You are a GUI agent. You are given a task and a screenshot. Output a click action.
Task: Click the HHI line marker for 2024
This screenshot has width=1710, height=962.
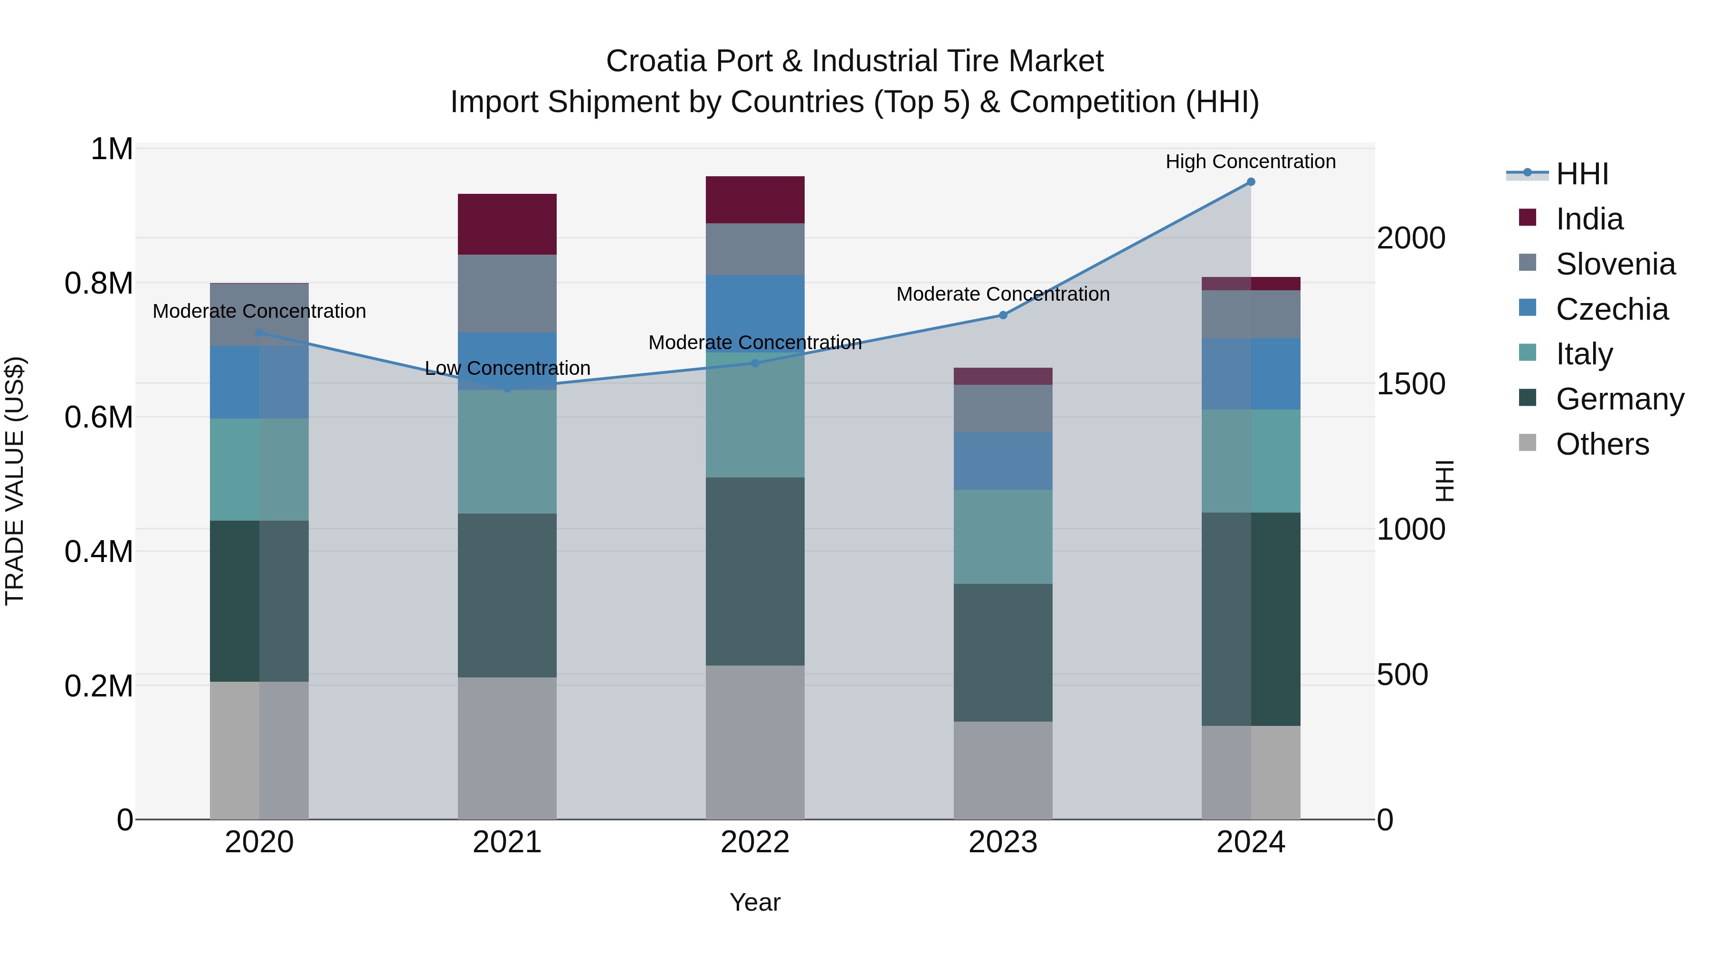(x=1251, y=181)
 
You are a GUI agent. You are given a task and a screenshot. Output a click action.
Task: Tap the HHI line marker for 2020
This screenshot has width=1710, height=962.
(x=259, y=333)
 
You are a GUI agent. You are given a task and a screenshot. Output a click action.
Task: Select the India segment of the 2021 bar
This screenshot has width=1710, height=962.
(x=507, y=224)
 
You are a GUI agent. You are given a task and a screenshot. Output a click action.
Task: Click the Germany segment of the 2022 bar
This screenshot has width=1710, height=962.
(x=755, y=571)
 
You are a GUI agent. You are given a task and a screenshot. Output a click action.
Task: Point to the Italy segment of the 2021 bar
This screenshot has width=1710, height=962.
(x=507, y=451)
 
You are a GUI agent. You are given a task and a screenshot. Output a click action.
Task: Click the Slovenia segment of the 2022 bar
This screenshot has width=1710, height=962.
(x=755, y=249)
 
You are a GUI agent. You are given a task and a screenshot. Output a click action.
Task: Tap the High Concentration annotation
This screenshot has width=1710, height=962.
(x=1251, y=162)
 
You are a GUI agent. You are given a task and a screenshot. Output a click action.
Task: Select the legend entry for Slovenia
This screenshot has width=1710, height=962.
(x=1615, y=264)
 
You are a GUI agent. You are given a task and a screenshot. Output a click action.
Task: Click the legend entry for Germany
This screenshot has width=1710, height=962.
(x=1619, y=399)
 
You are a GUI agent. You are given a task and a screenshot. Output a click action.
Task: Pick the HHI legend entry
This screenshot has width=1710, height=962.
(x=1581, y=174)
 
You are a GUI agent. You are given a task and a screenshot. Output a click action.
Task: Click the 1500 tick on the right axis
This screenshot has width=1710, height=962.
(x=1411, y=384)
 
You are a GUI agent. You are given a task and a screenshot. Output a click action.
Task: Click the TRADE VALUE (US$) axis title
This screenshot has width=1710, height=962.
(x=15, y=481)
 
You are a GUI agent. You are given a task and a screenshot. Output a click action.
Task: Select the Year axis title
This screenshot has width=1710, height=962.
(x=755, y=902)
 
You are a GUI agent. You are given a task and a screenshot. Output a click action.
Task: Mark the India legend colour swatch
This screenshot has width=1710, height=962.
(x=1528, y=218)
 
